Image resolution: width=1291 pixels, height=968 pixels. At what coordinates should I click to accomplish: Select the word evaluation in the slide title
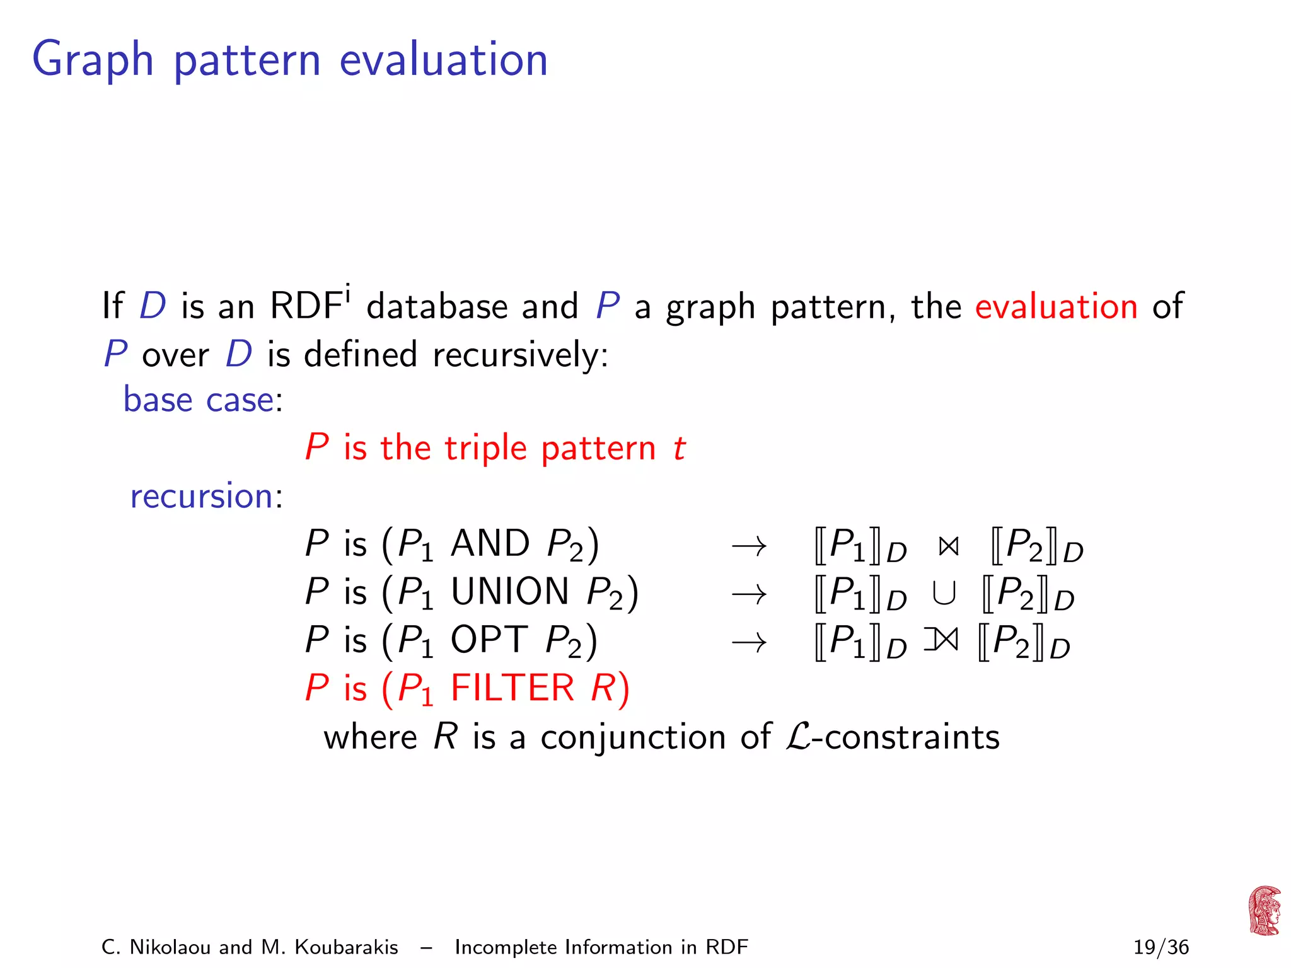click(443, 60)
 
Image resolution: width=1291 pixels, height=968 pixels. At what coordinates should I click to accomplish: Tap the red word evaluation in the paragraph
click(1056, 306)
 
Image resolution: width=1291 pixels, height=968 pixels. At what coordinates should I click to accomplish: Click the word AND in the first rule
click(490, 543)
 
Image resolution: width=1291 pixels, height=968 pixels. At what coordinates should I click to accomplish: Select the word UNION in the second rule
click(510, 592)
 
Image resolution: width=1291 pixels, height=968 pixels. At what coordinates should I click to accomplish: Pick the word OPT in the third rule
click(489, 640)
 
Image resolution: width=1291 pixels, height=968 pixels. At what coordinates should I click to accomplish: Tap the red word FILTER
click(512, 688)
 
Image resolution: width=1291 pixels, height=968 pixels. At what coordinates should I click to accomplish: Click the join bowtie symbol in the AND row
click(948, 546)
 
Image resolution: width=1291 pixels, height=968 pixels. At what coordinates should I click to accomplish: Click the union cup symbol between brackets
click(944, 594)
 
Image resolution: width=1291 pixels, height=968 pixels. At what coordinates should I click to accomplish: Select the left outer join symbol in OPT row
click(941, 641)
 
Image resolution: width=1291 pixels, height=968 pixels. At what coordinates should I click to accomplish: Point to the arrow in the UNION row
click(749, 594)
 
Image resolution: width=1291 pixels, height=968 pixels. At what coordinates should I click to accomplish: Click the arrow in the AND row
click(749, 546)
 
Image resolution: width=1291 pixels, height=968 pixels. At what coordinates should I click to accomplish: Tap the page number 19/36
click(1161, 947)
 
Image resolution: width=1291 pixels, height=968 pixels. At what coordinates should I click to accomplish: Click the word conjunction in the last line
click(633, 737)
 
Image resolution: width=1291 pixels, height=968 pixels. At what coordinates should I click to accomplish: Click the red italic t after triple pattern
click(679, 448)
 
